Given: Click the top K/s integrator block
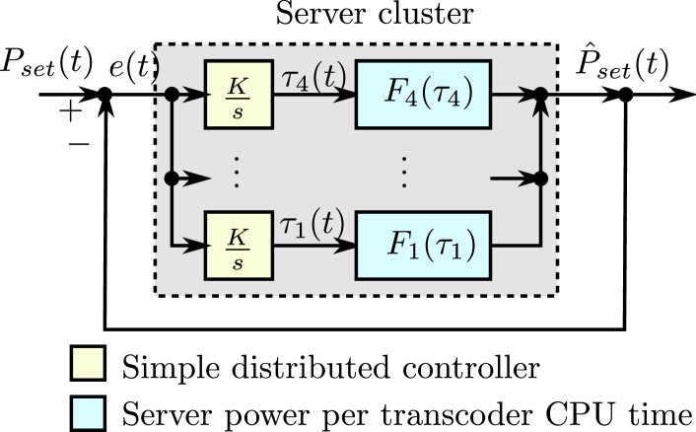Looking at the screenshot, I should (239, 95).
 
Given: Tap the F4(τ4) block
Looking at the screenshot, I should (423, 95).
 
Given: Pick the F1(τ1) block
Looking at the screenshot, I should (423, 246).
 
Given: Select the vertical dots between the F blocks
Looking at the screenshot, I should (405, 174).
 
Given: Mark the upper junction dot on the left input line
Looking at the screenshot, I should (172, 95).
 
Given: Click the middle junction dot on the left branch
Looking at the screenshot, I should (172, 179).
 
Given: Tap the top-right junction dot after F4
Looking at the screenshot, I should (539, 95).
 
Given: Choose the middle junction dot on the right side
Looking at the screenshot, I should (539, 179).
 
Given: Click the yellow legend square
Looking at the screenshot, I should (88, 363).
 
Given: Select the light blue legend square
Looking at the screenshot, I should (88, 412).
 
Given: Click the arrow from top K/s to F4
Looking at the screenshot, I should (314, 95).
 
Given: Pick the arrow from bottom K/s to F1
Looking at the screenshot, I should (314, 246).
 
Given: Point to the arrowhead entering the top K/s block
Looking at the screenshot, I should (197, 95).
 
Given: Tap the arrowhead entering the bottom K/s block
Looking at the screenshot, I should (197, 246).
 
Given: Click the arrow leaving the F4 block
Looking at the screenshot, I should (513, 95).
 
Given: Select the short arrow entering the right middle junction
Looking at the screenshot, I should (513, 179).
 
